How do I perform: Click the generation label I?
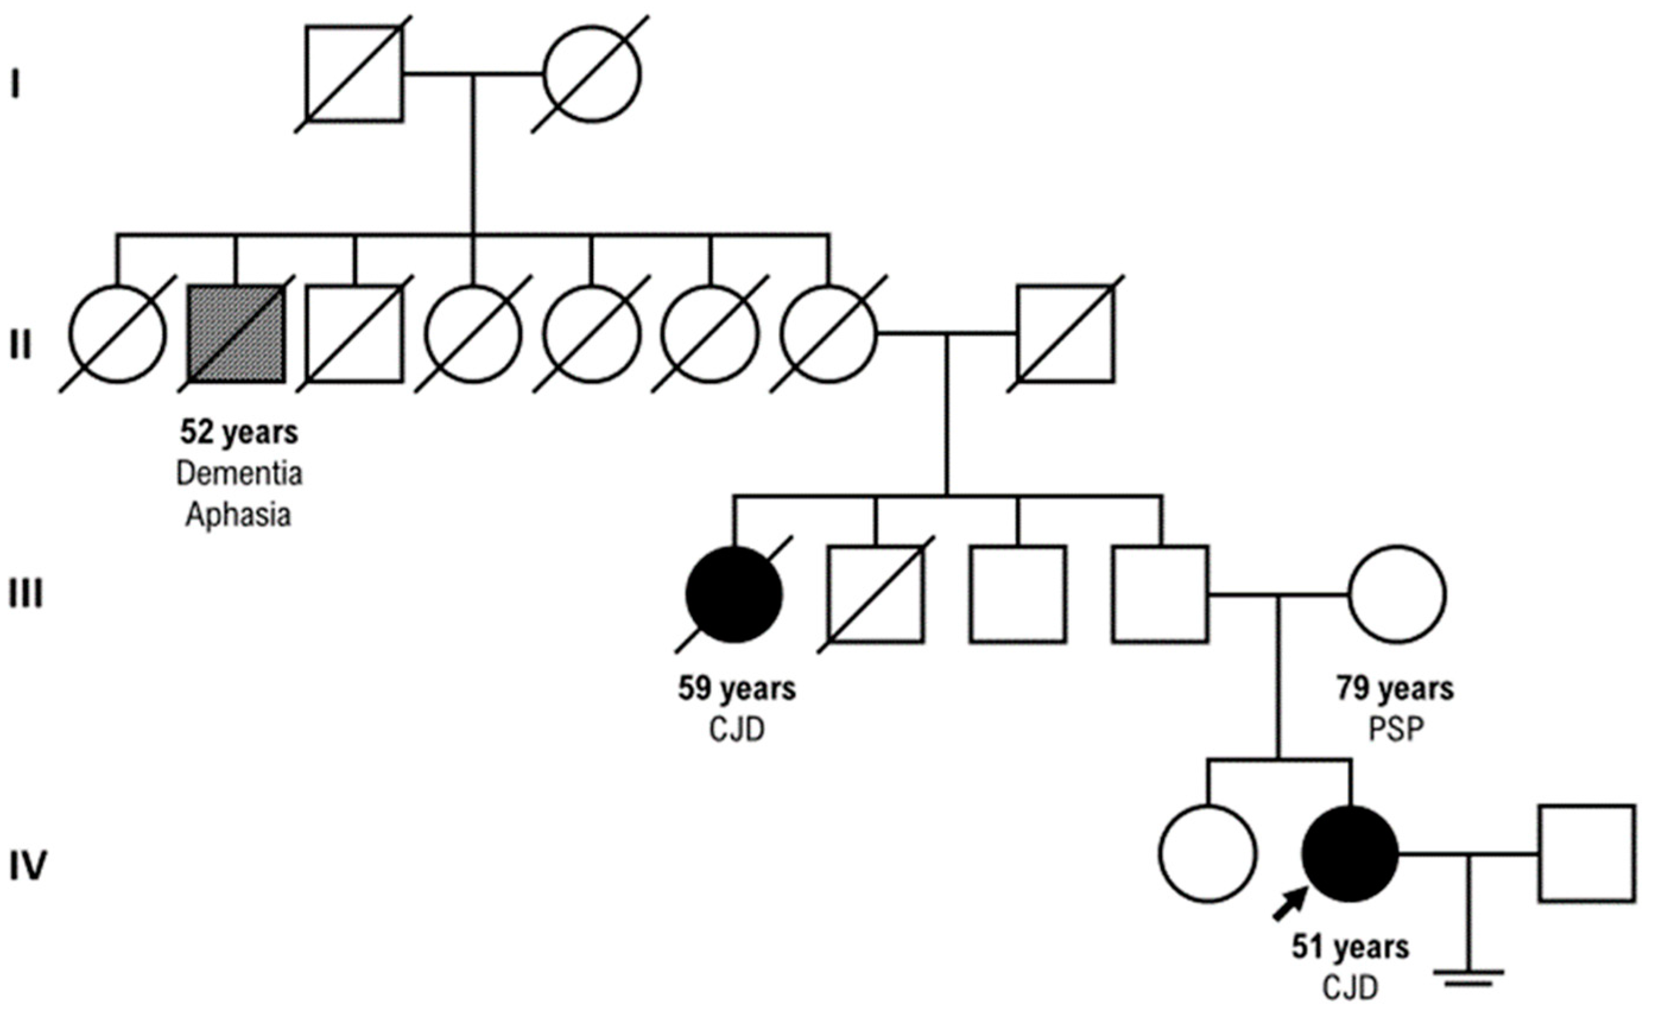click(x=15, y=85)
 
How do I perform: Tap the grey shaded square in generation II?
click(x=236, y=334)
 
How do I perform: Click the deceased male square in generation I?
click(x=354, y=74)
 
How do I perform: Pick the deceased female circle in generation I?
click(x=591, y=74)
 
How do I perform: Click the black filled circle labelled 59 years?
click(x=734, y=595)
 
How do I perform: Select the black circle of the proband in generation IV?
click(x=1349, y=854)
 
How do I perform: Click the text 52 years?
click(x=239, y=433)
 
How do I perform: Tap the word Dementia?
click(x=239, y=474)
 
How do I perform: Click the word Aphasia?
click(x=239, y=516)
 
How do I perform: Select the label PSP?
click(x=1396, y=730)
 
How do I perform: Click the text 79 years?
click(x=1395, y=689)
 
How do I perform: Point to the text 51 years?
click(x=1350, y=948)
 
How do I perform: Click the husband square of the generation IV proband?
click(x=1586, y=854)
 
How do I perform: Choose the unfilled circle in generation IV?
click(x=1208, y=854)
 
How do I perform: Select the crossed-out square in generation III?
click(x=876, y=595)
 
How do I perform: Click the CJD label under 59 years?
click(x=737, y=730)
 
